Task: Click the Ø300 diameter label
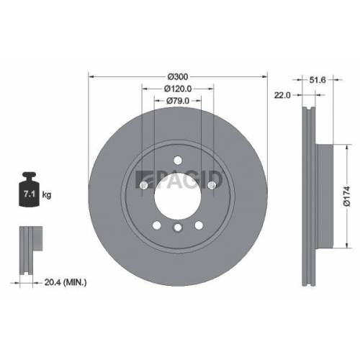coord(178,77)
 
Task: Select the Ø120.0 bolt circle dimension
coord(178,88)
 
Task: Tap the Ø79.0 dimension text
coord(178,101)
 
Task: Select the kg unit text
coord(47,195)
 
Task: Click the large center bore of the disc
coord(177,197)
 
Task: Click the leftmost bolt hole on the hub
coord(143,186)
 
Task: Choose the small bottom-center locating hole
coord(177,228)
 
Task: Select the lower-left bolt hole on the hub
coord(156,225)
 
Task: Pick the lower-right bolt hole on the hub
coord(199,225)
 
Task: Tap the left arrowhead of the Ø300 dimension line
coord(91,77)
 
